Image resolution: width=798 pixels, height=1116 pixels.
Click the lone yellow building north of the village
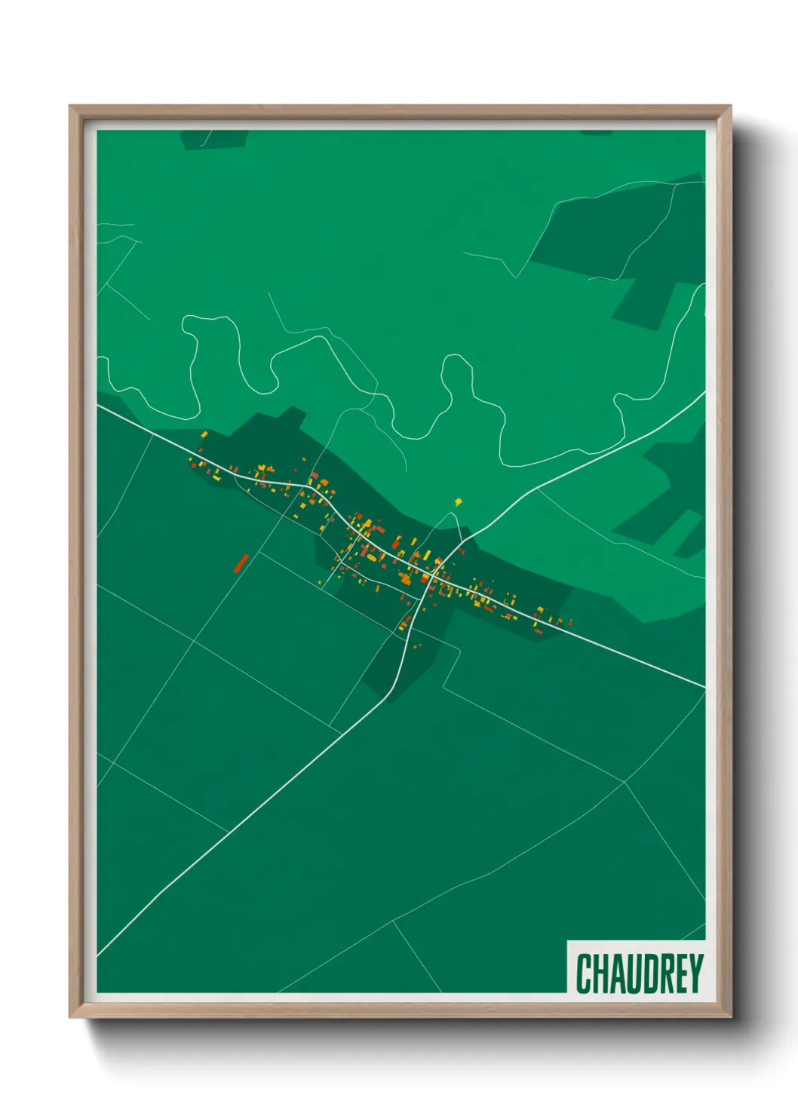[x=458, y=501]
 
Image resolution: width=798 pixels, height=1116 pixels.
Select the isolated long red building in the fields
[x=241, y=563]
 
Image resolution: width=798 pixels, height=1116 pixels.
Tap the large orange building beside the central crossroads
[x=406, y=579]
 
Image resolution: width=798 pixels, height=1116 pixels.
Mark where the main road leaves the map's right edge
[x=704, y=686]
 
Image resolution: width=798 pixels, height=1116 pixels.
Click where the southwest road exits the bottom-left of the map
[x=99, y=954]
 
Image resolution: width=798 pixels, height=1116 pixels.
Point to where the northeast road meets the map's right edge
[x=704, y=393]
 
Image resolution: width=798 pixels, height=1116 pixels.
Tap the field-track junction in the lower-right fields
[x=625, y=783]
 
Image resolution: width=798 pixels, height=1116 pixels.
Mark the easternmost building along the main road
[x=569, y=623]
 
